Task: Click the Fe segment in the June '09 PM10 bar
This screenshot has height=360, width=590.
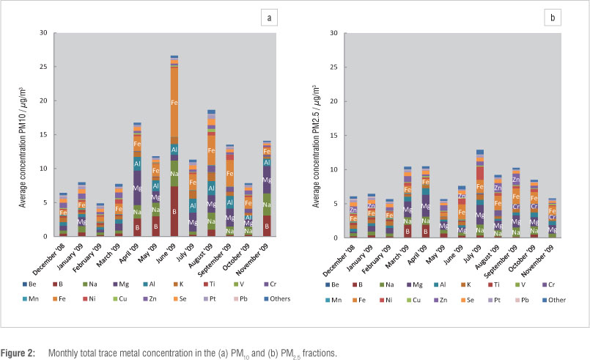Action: [x=174, y=102]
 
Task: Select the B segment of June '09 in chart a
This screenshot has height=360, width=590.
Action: [x=174, y=211]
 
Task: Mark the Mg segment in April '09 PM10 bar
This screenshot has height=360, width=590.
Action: [x=136, y=188]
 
